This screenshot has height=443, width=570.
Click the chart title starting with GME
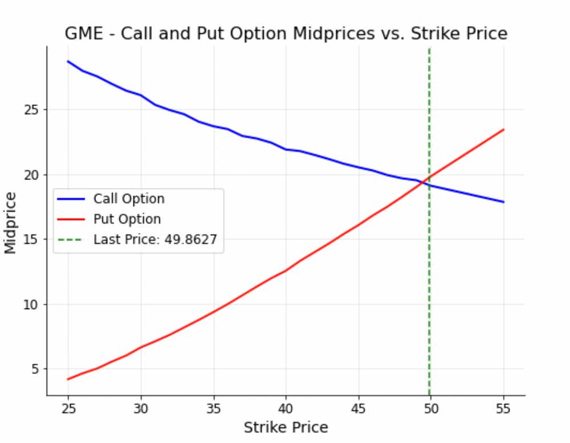[286, 34]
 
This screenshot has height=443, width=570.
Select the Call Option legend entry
[129, 199]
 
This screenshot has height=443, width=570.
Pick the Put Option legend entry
[127, 219]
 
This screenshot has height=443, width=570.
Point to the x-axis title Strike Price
[286, 428]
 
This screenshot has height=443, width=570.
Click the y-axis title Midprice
[11, 223]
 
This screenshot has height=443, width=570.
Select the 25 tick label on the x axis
[68, 408]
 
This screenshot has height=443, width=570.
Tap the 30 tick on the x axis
[141, 408]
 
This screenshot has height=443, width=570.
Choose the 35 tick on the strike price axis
[213, 408]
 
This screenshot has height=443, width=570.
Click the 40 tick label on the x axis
[286, 408]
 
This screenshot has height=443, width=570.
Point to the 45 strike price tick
[359, 408]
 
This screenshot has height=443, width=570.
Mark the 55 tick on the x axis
[503, 408]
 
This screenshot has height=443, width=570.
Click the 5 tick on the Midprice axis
[35, 369]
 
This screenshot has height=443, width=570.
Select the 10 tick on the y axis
[32, 304]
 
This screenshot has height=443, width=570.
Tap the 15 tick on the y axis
[32, 239]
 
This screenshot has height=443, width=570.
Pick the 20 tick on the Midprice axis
[32, 174]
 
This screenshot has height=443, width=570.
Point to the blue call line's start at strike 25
[68, 61]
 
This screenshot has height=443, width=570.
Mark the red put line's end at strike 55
[503, 129]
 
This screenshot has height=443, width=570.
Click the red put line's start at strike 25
[68, 379]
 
